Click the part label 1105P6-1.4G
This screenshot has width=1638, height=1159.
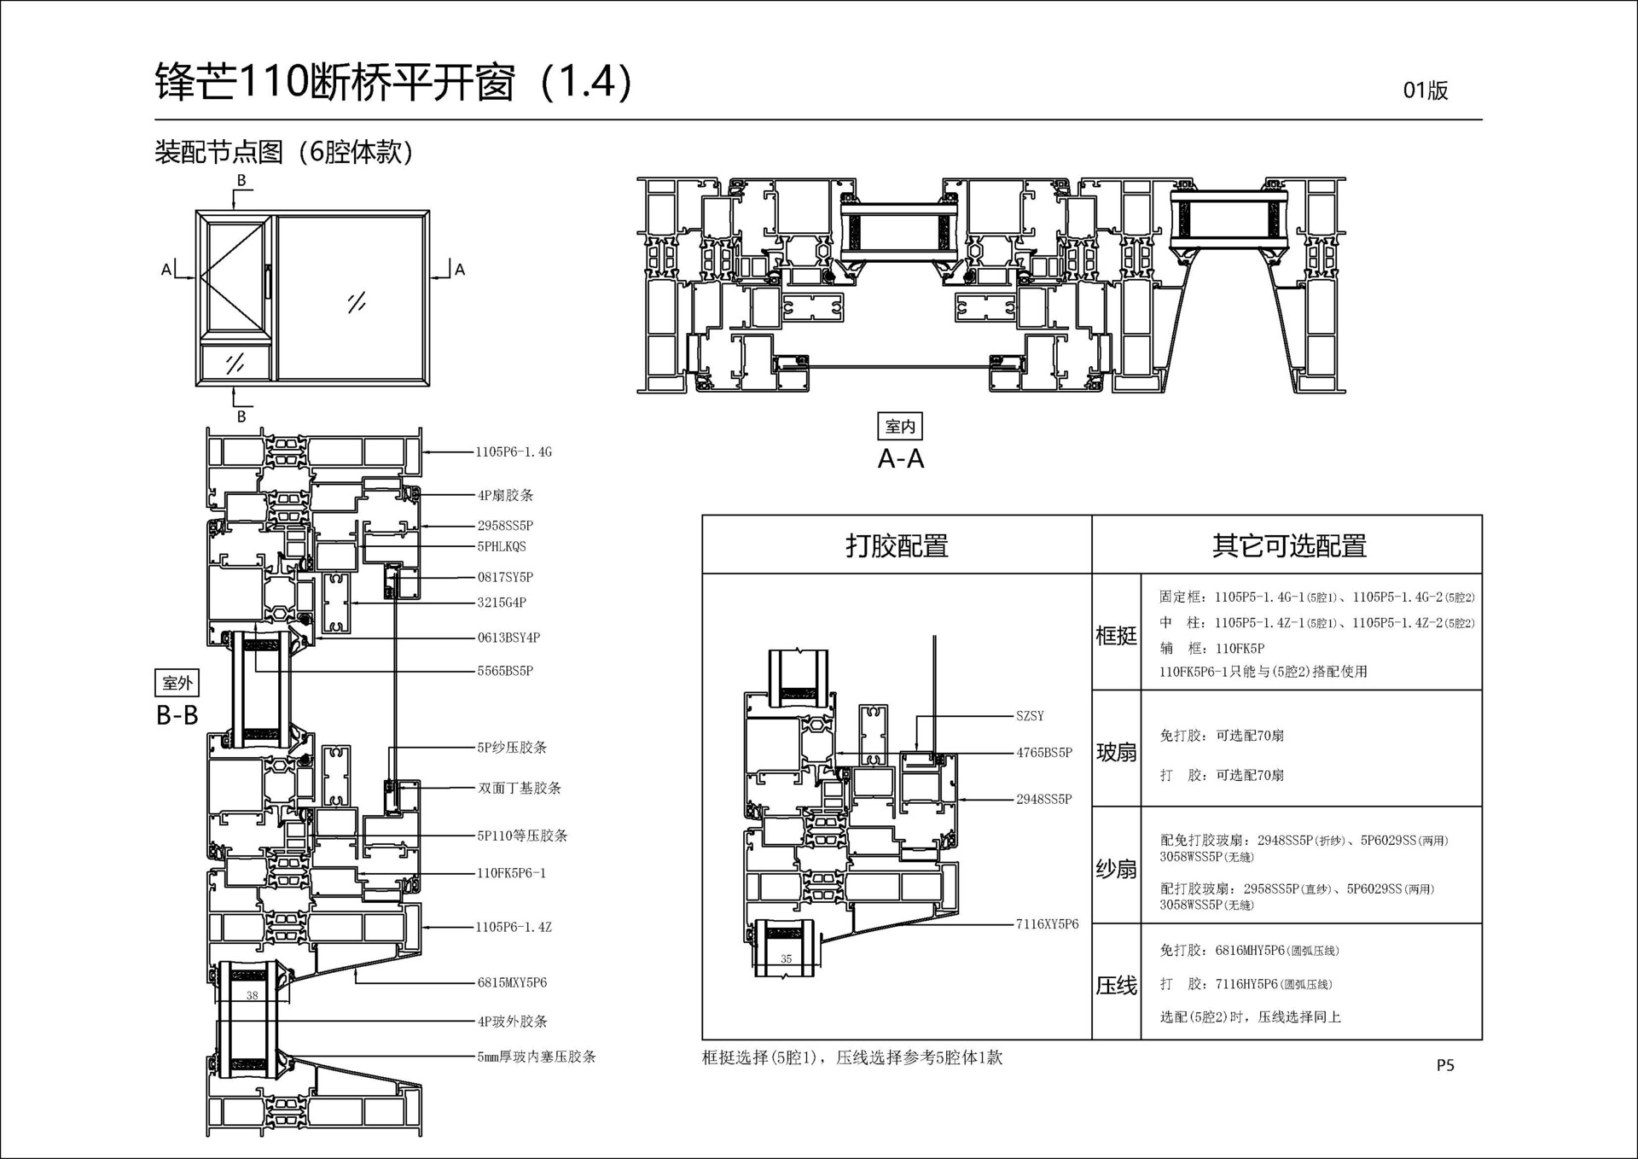pos(514,452)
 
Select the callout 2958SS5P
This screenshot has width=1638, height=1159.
pos(505,526)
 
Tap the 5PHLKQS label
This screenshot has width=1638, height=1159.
pos(502,547)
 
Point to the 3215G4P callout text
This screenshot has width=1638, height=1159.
pos(502,603)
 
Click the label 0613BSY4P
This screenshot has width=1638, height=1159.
pos(508,638)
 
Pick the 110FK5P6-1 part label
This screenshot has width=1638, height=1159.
pos(511,873)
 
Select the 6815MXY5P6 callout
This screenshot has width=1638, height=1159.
pos(512,983)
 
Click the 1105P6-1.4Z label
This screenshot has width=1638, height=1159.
pos(514,928)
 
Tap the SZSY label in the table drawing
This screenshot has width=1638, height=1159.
pos(1030,716)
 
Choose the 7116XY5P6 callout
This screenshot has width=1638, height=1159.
pos(1047,924)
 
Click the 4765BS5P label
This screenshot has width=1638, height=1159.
pos(1043,753)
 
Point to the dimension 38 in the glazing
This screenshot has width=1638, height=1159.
pos(252,995)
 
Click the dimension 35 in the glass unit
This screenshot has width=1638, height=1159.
pos(786,958)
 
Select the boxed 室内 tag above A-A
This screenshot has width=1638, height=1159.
pos(900,427)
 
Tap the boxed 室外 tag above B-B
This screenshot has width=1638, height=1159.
pos(177,683)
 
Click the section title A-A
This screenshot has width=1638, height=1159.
pos(901,459)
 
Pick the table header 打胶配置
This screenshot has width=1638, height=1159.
pos(897,545)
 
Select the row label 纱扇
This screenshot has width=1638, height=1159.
pos(1116,869)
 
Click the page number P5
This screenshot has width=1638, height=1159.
pos(1444,1065)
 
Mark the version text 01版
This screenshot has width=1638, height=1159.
pos(1425,90)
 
